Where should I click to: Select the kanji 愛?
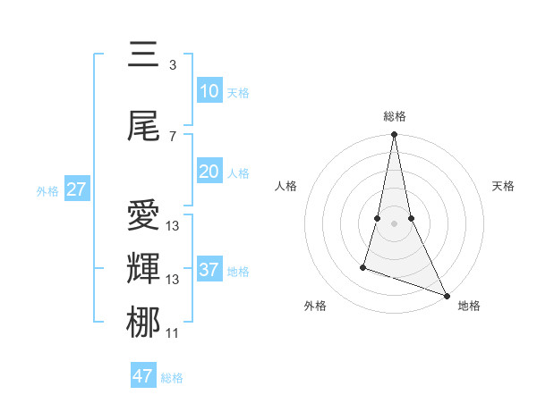coord(143,216)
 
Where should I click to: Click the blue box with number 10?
coord(209,91)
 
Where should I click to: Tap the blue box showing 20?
coord(209,172)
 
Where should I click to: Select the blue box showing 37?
coord(209,270)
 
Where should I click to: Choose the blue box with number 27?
coord(76,189)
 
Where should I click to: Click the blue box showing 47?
coord(142,376)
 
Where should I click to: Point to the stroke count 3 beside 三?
coord(172,64)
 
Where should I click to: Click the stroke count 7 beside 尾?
coord(172,136)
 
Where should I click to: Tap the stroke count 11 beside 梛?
coord(172,333)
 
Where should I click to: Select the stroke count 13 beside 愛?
coord(172,226)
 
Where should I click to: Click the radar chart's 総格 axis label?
coord(394,116)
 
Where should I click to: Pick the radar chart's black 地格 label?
coord(469,306)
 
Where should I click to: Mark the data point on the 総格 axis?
coord(394,135)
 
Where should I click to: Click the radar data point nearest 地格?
coord(446,295)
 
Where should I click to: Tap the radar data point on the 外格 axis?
coord(363,266)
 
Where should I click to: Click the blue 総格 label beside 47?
coord(172,378)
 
